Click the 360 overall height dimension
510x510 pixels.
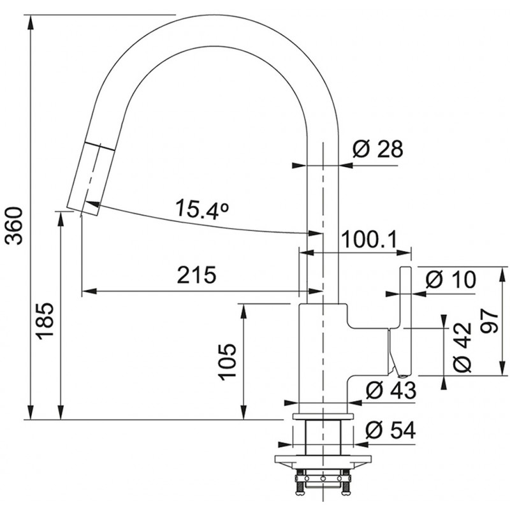14,226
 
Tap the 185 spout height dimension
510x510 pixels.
45,321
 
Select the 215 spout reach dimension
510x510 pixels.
196,275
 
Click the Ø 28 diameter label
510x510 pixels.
377,149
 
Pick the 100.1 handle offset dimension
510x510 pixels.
370,239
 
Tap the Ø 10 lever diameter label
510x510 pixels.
451,279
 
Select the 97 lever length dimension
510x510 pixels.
490,321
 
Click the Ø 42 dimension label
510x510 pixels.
462,347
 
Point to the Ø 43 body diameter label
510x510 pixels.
391,390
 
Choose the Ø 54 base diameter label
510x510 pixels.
391,431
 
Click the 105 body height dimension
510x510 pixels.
227,361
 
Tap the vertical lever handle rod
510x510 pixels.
405,321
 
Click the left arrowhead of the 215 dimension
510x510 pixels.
89,291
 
